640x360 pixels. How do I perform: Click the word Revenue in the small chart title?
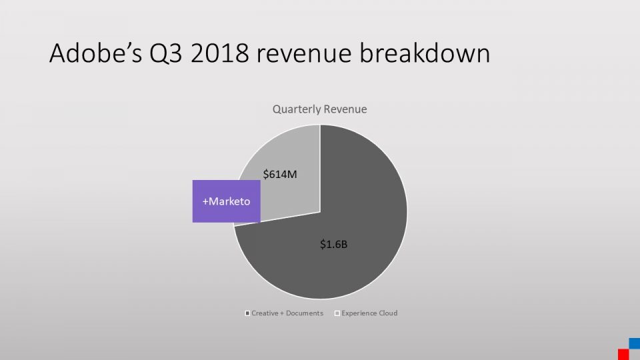tap(345, 109)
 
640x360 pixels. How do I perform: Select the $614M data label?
tap(279, 175)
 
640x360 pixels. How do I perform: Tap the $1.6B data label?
tap(333, 245)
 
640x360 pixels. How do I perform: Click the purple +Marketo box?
tap(226, 201)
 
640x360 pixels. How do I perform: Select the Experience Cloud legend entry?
tap(366, 313)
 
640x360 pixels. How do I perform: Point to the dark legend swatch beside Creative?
tap(247, 313)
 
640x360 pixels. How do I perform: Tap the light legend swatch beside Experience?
tap(337, 313)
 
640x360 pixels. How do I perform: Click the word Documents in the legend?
tap(304, 313)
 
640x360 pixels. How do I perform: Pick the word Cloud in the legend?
tap(387, 313)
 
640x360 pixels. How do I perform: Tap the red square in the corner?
tap(623, 354)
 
